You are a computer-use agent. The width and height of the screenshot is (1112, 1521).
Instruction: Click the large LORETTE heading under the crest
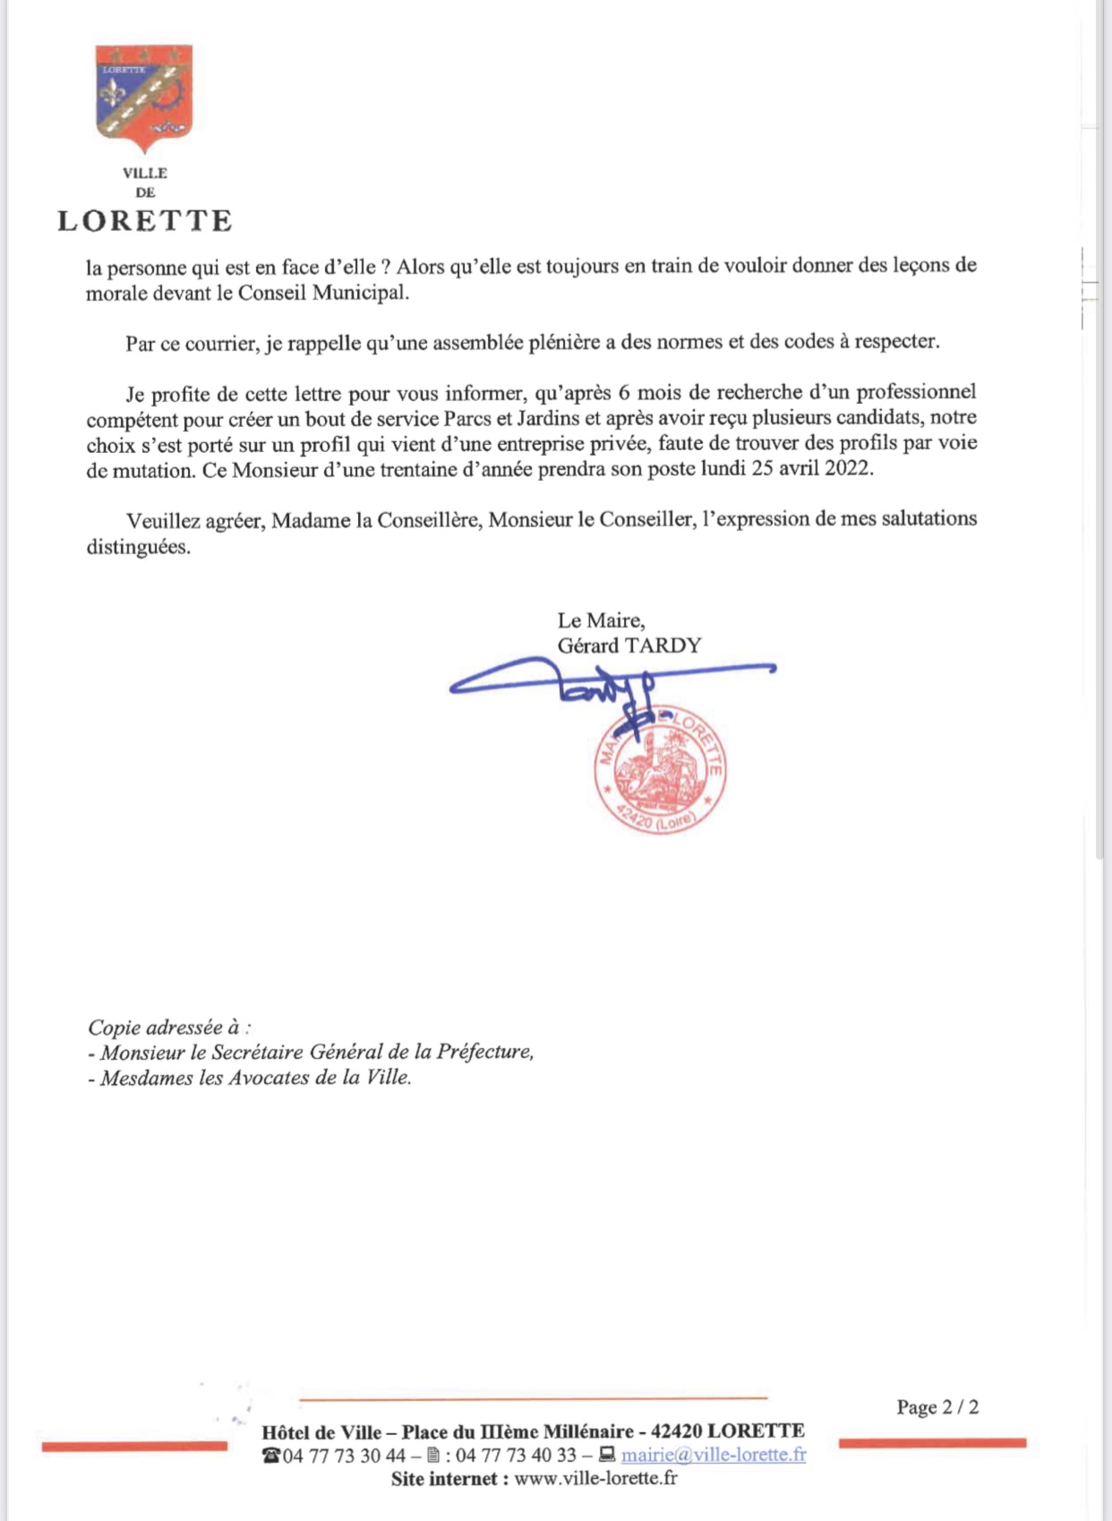145,221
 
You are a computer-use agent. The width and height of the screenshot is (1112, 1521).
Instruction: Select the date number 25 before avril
763,468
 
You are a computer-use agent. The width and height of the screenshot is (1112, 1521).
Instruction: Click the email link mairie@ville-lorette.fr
713,1455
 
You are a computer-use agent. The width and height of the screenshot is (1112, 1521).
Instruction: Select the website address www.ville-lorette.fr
595,1478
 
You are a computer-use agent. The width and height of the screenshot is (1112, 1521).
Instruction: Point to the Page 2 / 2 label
937,1407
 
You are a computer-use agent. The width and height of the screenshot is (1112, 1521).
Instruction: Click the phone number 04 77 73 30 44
344,1456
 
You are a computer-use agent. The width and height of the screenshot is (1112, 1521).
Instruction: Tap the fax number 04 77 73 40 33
516,1456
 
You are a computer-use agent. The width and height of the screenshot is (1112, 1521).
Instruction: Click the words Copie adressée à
167,1028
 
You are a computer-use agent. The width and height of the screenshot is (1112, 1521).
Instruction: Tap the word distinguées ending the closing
138,546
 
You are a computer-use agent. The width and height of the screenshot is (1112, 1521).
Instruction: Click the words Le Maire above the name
600,620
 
